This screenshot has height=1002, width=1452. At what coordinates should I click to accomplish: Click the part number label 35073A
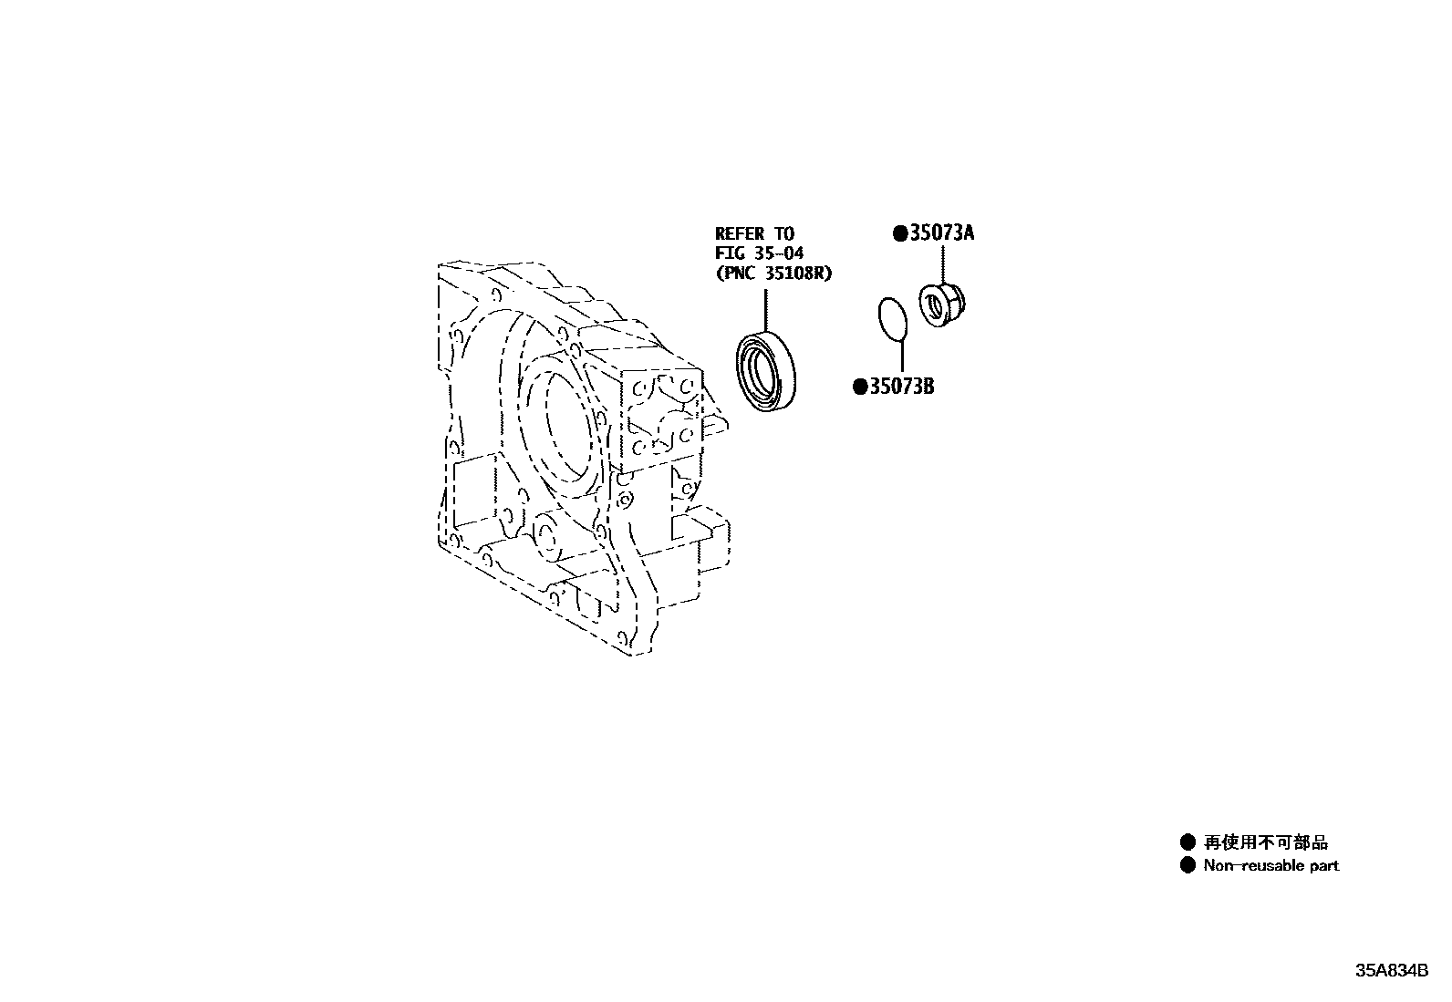click(x=942, y=233)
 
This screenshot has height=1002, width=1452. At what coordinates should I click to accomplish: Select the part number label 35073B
click(x=901, y=387)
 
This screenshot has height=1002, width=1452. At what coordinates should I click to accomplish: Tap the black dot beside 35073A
click(x=900, y=234)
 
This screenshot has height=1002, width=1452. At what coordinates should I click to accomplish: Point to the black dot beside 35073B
click(x=859, y=387)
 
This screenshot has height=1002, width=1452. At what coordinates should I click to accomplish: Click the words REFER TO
click(x=754, y=234)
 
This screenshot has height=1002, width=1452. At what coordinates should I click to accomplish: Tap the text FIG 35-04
click(x=759, y=253)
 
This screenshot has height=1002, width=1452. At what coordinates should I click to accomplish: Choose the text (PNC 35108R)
click(x=773, y=273)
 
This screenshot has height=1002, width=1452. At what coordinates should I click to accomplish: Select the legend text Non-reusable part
click(x=1270, y=865)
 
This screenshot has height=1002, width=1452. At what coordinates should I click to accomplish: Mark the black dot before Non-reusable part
click(x=1188, y=865)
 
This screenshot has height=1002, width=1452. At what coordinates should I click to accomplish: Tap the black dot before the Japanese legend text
click(x=1188, y=842)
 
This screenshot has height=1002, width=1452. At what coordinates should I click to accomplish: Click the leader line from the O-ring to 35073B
click(x=901, y=356)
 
